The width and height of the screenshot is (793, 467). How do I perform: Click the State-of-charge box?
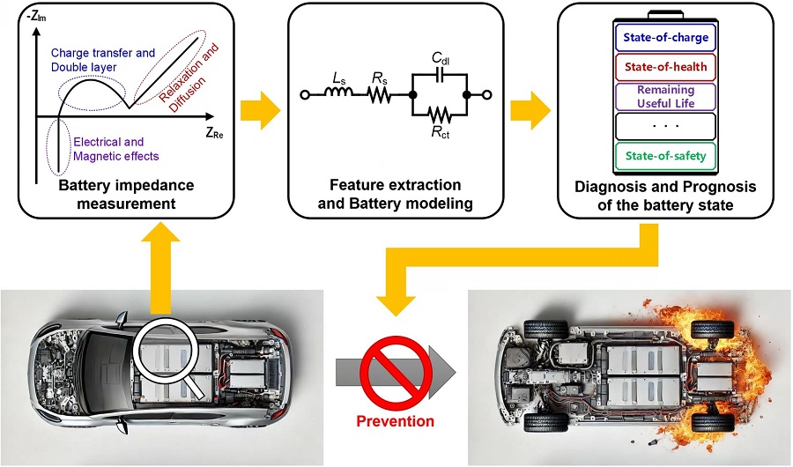[x=665, y=37]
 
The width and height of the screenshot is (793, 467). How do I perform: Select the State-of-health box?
[x=665, y=67]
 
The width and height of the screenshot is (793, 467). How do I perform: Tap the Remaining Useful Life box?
[x=665, y=97]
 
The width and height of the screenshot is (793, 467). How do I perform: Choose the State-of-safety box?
[x=665, y=156]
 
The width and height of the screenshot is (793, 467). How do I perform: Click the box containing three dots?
[x=665, y=126]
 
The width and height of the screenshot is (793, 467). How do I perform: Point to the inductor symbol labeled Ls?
[x=338, y=91]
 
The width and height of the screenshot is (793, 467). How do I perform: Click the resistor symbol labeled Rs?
[x=379, y=94]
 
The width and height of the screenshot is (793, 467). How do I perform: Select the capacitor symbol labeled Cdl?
[x=440, y=75]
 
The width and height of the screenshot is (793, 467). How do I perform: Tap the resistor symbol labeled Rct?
[x=440, y=115]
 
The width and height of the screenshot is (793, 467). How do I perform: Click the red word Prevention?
[x=396, y=421]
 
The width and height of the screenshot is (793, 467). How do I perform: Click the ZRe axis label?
[x=214, y=133]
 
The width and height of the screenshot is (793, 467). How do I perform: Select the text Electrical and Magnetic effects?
[x=115, y=149]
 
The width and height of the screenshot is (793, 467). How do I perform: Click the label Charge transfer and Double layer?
[x=103, y=60]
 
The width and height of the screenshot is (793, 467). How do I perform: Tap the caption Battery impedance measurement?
[x=126, y=194]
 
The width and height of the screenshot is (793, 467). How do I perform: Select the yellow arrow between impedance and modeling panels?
[x=260, y=110]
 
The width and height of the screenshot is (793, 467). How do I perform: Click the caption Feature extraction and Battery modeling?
[x=395, y=194]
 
